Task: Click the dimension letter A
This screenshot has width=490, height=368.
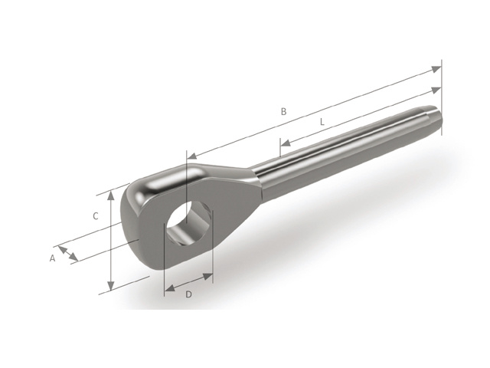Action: pyautogui.click(x=53, y=258)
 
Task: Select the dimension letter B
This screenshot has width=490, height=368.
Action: pyautogui.click(x=283, y=112)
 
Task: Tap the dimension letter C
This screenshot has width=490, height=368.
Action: pyautogui.click(x=96, y=216)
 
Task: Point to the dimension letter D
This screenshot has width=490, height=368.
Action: pyautogui.click(x=189, y=295)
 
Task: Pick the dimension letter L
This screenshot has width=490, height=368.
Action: pyautogui.click(x=322, y=122)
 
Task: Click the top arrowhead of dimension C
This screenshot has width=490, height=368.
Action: pyautogui.click(x=113, y=195)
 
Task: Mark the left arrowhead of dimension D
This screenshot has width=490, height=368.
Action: pyautogui.click(x=168, y=290)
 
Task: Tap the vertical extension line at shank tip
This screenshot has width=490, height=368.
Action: pyautogui.click(x=442, y=92)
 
